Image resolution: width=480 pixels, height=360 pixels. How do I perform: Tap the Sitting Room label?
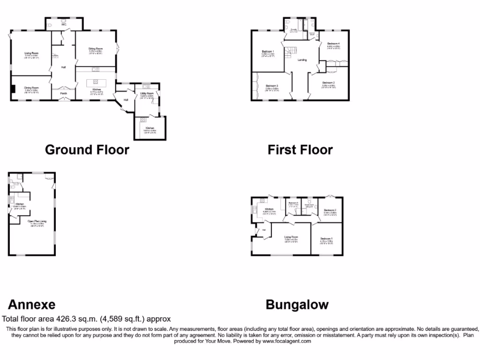(96, 48)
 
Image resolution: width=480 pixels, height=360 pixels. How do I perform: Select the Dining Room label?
(32, 88)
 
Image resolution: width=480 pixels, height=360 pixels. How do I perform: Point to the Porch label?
(63, 93)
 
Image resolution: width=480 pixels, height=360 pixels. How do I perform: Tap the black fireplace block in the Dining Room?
(14, 89)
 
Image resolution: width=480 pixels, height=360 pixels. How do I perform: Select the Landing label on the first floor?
(302, 60)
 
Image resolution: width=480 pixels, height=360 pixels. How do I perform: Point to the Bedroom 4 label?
(333, 44)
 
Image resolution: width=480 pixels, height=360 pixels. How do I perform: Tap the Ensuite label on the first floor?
(293, 30)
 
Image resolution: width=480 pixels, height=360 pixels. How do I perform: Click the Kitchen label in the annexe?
(20, 204)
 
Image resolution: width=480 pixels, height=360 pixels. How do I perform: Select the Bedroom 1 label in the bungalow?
(327, 239)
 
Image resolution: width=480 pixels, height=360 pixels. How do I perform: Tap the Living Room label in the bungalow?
(291, 237)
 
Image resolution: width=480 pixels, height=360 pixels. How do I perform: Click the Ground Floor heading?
(87, 150)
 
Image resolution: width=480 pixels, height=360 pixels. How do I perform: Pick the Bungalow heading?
(297, 305)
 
